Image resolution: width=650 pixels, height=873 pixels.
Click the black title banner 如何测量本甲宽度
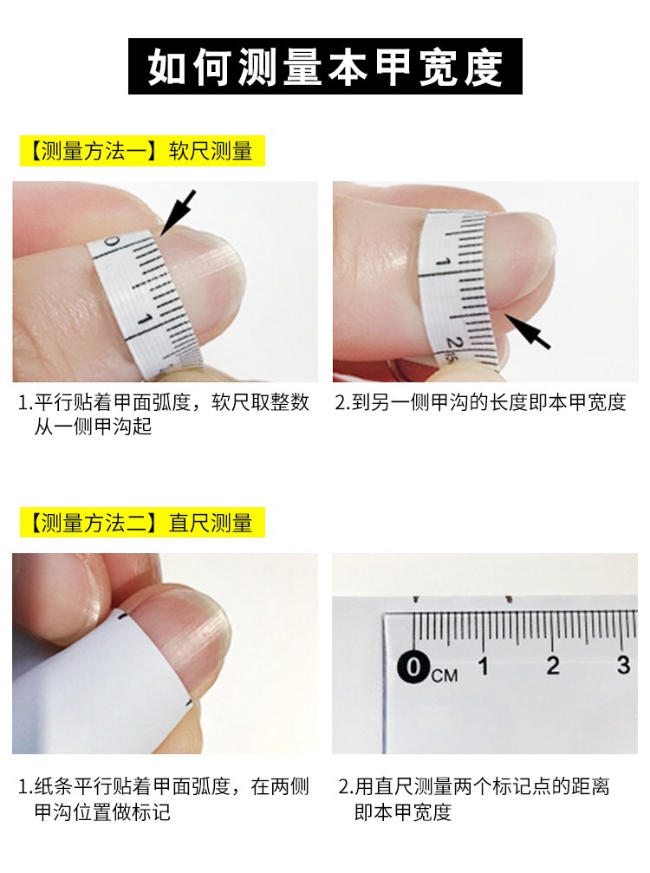coord(325,67)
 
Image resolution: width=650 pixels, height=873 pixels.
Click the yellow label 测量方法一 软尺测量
coord(141,151)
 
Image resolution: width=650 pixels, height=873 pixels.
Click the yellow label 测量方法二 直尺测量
coord(141,523)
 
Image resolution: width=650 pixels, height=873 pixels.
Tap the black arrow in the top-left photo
coord(179,211)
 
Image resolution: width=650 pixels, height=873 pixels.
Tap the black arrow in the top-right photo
coord(528,330)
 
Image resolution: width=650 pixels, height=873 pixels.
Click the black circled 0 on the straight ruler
coord(414,667)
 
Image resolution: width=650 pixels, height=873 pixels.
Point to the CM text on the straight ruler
coord(444,674)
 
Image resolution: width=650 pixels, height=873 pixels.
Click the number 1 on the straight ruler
coord(484,666)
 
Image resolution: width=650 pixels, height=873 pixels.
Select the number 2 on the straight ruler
coord(553,666)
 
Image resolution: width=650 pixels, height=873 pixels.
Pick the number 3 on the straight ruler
coord(623,666)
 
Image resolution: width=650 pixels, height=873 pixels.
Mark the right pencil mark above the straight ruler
coord(509,598)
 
